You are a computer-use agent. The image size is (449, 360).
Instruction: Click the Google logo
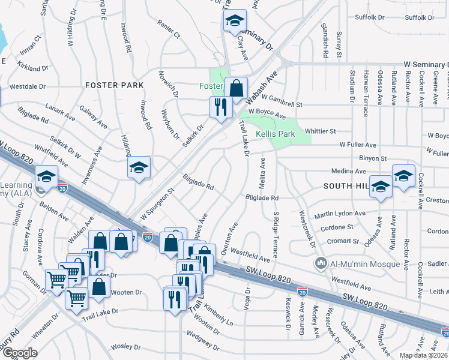point(19,353)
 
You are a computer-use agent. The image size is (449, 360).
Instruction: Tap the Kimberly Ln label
point(218,313)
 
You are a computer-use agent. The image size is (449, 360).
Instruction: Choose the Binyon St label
point(373,158)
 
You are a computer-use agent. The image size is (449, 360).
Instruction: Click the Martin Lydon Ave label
point(340,214)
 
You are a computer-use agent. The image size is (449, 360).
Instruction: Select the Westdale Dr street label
point(28,86)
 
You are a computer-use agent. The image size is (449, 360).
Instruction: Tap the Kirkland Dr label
point(32,69)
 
